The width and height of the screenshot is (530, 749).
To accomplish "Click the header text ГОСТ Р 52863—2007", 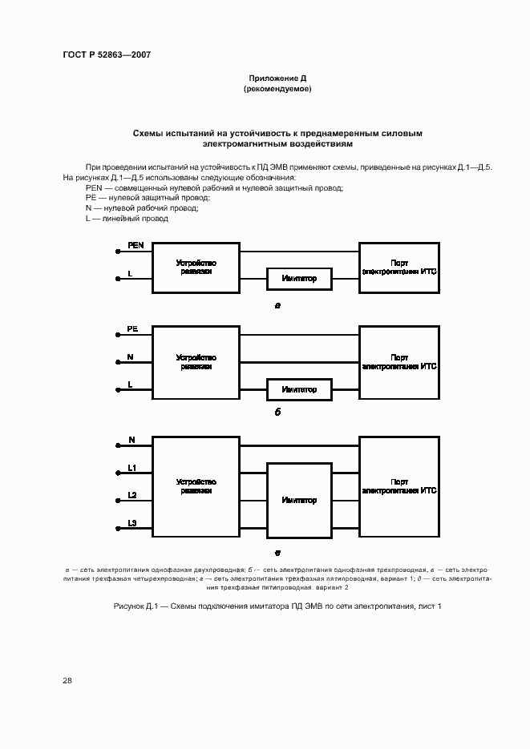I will click(107, 55).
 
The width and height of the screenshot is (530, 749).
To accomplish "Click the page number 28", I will click(67, 680).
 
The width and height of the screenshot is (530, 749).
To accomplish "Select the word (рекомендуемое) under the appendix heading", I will click(277, 89).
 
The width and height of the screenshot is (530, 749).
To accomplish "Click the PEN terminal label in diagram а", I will click(136, 246).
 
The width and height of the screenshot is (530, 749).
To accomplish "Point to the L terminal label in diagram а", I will click(130, 274).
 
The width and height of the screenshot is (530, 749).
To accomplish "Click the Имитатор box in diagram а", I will click(299, 279).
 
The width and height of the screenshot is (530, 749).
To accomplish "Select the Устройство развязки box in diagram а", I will click(196, 267).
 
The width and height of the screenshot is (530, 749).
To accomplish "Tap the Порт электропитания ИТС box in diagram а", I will click(399, 267).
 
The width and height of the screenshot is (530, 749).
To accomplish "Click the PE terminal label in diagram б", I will click(132, 328).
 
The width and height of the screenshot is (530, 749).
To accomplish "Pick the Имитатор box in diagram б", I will click(299, 389).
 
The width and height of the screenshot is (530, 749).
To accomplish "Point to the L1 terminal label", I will click(133, 467).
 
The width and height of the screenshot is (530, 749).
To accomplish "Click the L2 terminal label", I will click(133, 495).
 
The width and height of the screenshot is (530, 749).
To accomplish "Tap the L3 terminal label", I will click(133, 523).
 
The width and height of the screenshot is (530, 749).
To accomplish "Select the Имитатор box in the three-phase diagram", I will click(299, 500).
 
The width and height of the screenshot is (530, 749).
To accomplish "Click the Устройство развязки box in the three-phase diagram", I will click(196, 486).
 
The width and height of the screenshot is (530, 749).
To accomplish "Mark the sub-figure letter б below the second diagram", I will click(277, 414).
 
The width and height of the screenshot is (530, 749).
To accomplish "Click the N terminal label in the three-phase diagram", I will click(131, 440).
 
